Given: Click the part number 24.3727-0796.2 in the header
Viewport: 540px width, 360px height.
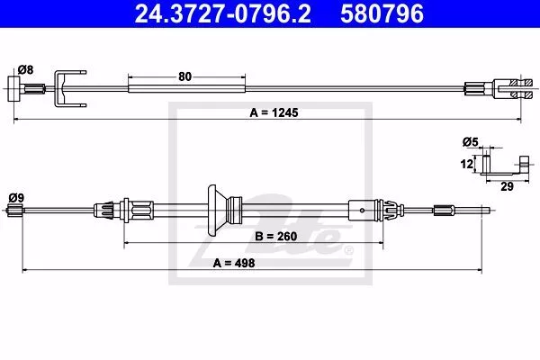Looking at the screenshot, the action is pos(223,13).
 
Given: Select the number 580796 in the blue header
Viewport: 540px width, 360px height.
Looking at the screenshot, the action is pos(382,13).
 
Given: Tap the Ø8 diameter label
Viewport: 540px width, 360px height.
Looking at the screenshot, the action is pos(25,70).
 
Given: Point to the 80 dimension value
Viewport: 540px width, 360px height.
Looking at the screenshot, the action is pos(184,76).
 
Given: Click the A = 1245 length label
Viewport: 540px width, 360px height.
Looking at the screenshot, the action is pos(274,112).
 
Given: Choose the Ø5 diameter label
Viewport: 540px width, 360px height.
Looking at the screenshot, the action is pos(471,141).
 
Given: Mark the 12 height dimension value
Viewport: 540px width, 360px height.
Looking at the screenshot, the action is pos(466,164).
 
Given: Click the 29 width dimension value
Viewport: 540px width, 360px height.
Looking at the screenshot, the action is pos(507,186).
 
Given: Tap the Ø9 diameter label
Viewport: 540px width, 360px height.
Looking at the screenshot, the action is pos(16,198).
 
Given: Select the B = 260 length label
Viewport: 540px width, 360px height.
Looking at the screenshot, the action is pos(276,237).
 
